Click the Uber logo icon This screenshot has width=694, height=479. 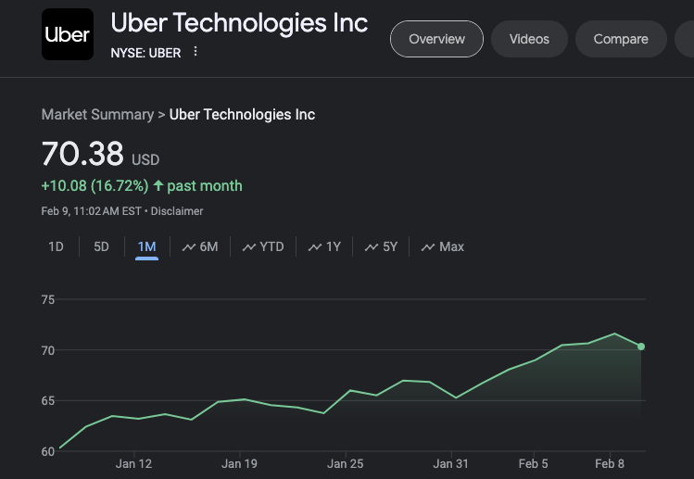(x=67, y=34)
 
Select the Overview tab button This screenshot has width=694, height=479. (x=436, y=39)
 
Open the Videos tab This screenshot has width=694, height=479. (x=529, y=39)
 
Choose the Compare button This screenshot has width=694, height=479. (x=620, y=39)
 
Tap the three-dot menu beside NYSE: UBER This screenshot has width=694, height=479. (x=196, y=52)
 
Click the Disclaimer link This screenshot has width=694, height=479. (x=177, y=211)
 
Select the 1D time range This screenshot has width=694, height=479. (x=57, y=246)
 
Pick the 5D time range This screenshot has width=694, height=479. (x=102, y=246)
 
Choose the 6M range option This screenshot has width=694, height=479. (x=200, y=246)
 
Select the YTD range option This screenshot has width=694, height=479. (x=263, y=246)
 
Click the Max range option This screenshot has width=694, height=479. (x=443, y=246)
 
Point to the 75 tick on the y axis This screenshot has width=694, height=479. (x=48, y=299)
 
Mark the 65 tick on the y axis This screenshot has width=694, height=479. (x=48, y=400)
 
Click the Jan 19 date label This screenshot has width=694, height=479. (x=239, y=463)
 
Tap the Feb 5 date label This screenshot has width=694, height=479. (x=533, y=463)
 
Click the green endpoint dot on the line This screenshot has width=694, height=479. (x=641, y=347)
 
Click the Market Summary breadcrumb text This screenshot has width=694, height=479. (x=97, y=115)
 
